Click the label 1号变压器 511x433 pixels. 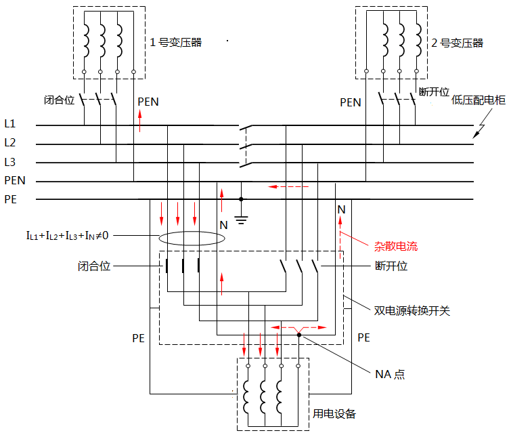pyautogui.click(x=176, y=42)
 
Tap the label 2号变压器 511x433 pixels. pyautogui.click(x=458, y=43)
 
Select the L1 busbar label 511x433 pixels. pyautogui.click(x=9, y=124)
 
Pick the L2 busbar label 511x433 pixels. pyautogui.click(x=9, y=142)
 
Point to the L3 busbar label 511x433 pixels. pyautogui.click(x=9, y=161)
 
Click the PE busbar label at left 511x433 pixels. pyautogui.click(x=11, y=199)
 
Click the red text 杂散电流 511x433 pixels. pyautogui.click(x=396, y=246)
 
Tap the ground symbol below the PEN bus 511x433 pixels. pyautogui.click(x=242, y=218)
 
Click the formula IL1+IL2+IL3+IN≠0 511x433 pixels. pyautogui.click(x=68, y=235)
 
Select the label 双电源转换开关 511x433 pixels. pyautogui.click(x=412, y=311)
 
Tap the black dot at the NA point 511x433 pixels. pyautogui.click(x=298, y=334)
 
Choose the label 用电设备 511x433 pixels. pyautogui.click(x=334, y=413)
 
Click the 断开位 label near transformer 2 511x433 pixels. pyautogui.click(x=435, y=92)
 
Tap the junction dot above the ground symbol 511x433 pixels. pyautogui.click(x=242, y=199)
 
